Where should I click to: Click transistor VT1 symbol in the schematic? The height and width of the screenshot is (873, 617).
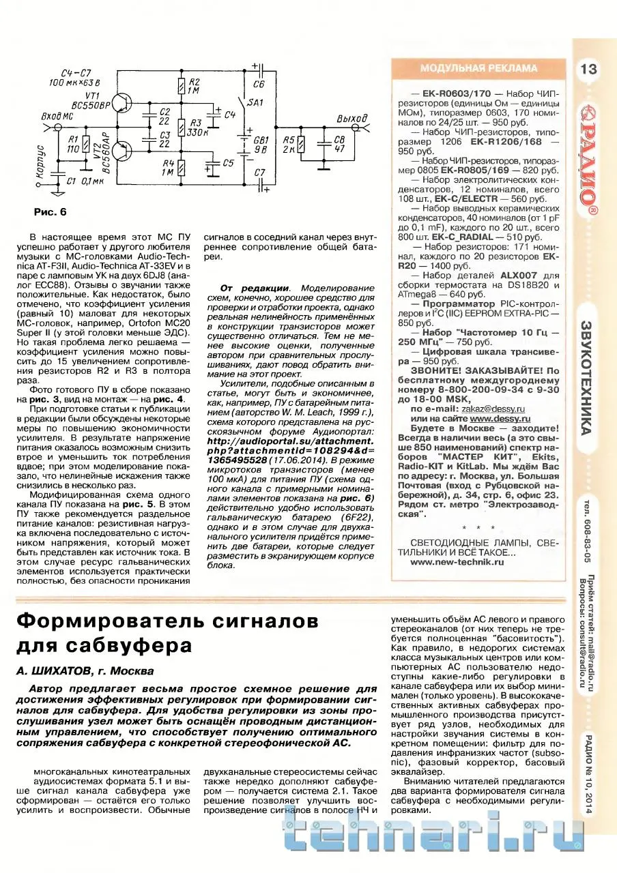point(121,103)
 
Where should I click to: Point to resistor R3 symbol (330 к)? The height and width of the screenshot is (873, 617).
point(182,128)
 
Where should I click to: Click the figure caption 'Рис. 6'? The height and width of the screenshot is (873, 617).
point(51,212)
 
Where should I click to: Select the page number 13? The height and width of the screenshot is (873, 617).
point(588,69)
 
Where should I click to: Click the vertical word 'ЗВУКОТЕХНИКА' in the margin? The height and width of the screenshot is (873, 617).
point(588,375)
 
